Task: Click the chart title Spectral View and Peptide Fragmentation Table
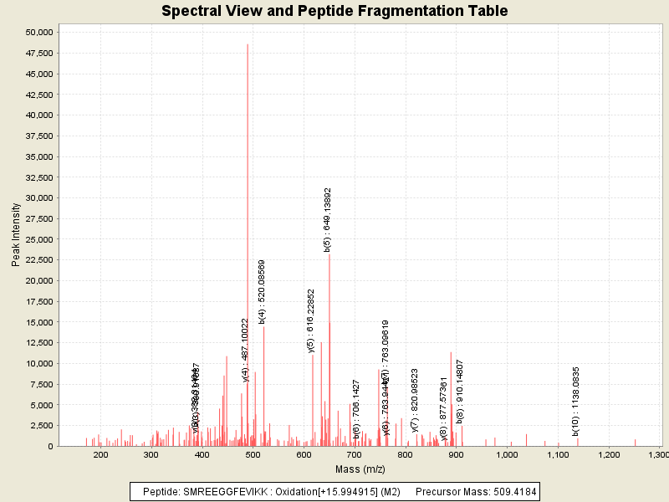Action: point(334,11)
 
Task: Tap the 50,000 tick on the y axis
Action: point(40,33)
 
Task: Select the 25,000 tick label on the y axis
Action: point(40,239)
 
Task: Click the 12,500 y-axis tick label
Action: point(40,343)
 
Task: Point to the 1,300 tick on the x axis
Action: point(658,454)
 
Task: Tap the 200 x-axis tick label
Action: point(101,454)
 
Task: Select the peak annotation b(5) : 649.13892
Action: point(328,219)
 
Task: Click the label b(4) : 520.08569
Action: point(262,291)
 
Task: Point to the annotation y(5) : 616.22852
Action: point(311,321)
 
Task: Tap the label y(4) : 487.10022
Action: point(246,350)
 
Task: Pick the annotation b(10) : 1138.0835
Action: point(576,401)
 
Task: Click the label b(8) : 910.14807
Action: point(460,391)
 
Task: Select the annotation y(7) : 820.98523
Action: point(415,401)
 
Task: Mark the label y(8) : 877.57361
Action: point(444,407)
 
